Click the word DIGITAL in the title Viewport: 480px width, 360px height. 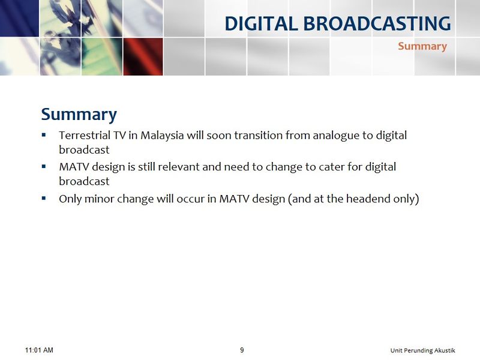(261, 23)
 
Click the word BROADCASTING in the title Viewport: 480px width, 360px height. (377, 23)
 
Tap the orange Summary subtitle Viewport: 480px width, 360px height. (422, 47)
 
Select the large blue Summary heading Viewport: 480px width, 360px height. (79, 115)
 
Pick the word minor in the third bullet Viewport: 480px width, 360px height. (98, 199)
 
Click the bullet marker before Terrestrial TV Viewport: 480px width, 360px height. (44, 134)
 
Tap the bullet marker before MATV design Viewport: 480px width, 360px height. (44, 166)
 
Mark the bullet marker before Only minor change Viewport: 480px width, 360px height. (44, 198)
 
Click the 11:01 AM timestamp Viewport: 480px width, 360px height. (39, 350)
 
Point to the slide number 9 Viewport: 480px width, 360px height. (242, 350)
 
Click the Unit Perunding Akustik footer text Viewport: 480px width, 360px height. (423, 350)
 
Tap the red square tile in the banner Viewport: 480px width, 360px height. (143, 56)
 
